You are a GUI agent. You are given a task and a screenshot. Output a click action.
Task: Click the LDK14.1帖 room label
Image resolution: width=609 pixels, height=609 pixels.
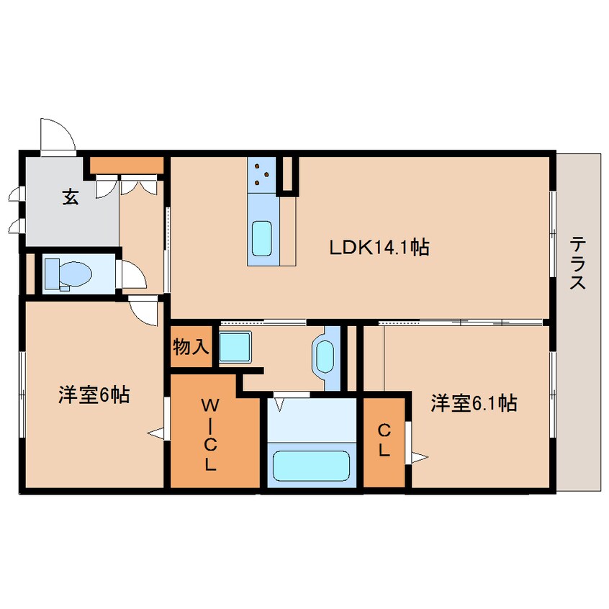pos(379,248)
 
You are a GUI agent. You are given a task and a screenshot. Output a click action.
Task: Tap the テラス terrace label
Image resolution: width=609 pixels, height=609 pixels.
pos(577,263)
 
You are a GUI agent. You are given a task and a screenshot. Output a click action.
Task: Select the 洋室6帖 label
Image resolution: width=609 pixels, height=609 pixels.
pos(94,394)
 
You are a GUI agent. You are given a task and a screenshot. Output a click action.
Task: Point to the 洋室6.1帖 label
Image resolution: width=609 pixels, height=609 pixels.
pos(474,403)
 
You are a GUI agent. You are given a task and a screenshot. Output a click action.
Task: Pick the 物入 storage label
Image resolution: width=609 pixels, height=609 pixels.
pos(191,347)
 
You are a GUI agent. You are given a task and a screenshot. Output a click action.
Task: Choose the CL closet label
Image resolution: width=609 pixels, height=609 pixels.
pos(384,441)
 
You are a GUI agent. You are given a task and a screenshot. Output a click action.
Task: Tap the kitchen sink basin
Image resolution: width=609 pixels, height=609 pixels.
pos(261,238)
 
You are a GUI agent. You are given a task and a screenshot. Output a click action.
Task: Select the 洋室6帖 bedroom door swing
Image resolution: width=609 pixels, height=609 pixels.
pos(144,312)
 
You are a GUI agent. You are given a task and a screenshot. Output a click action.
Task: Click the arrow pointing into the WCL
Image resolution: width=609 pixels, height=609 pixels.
pos(155,433)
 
